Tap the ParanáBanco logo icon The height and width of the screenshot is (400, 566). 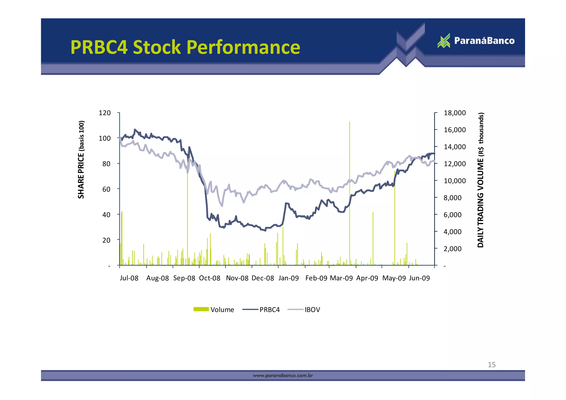click(444, 41)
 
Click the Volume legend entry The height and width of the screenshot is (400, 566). click(214, 310)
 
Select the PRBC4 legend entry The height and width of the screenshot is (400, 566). click(261, 310)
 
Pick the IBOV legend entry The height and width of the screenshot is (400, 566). click(304, 310)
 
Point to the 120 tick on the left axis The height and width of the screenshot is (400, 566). click(105, 113)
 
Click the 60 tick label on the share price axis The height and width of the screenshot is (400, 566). click(106, 189)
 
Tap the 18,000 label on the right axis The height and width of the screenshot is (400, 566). click(455, 113)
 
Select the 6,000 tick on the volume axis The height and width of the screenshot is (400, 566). click(452, 215)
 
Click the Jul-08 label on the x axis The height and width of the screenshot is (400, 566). click(129, 278)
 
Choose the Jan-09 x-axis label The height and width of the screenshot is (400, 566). click(289, 278)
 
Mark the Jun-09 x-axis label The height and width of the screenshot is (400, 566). click(419, 278)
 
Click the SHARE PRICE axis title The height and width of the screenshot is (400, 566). click(81, 160)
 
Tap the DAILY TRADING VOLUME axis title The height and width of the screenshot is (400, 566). click(481, 180)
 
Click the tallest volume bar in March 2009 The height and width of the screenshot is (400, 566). click(350, 193)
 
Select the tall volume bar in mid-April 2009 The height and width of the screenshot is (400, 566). click(373, 238)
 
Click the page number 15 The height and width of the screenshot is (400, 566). click(492, 365)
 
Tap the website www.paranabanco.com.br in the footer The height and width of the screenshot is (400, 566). click(283, 375)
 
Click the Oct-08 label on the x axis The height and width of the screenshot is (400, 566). click(210, 278)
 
